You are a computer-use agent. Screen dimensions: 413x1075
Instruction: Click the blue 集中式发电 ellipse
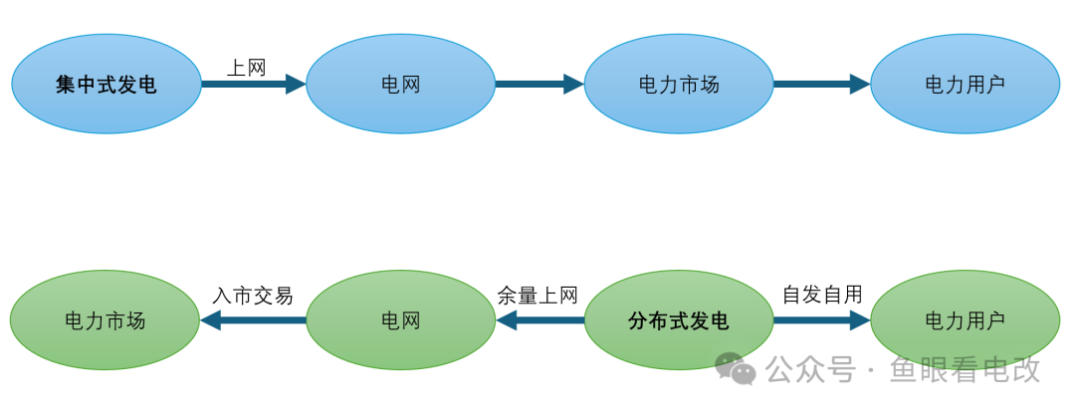[107, 85]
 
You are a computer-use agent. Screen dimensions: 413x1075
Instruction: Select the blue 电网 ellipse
[400, 85]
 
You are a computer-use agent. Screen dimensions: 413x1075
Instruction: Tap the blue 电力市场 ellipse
[679, 85]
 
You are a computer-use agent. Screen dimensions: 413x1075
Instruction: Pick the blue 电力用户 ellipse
[965, 85]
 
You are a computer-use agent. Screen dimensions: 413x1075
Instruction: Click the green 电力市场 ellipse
[106, 320]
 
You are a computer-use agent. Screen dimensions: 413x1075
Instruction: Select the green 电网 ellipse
[400, 320]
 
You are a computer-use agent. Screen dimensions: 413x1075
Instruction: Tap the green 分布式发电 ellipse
[679, 320]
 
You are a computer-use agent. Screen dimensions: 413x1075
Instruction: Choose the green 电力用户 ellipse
[965, 320]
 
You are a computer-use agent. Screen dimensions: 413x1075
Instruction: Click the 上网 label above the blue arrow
[247, 68]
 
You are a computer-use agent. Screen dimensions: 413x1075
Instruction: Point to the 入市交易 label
[253, 296]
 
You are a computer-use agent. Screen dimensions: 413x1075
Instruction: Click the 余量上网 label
[537, 296]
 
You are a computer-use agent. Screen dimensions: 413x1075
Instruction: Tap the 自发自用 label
[822, 295]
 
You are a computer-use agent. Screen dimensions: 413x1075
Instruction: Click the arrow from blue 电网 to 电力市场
[538, 85]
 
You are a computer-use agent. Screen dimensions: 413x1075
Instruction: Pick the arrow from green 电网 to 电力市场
[253, 320]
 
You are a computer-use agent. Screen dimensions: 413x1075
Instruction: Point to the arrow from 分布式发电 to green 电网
[539, 320]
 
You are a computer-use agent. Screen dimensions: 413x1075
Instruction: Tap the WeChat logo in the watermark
[737, 369]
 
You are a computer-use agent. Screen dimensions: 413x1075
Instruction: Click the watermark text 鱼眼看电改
[965, 370]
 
